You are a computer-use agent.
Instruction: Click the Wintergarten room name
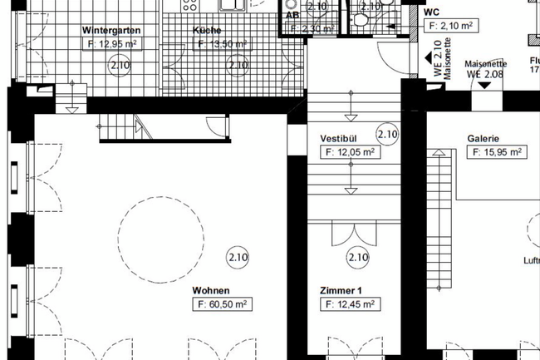coord(110,30)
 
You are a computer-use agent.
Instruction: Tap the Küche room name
coord(207,31)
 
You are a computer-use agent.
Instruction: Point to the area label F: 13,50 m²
coord(222,44)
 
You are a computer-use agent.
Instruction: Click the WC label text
coord(431,13)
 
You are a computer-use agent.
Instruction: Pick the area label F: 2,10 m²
coord(451,26)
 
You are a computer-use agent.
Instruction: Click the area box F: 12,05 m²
coord(350,151)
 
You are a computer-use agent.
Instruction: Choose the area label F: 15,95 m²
coord(497,152)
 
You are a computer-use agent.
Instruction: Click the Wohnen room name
coord(211,291)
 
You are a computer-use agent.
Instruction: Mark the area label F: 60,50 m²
coord(223,305)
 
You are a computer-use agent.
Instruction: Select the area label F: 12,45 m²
coord(350,305)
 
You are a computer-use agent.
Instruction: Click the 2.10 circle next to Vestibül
coord(387,132)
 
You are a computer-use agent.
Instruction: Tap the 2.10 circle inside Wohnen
coord(238,257)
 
